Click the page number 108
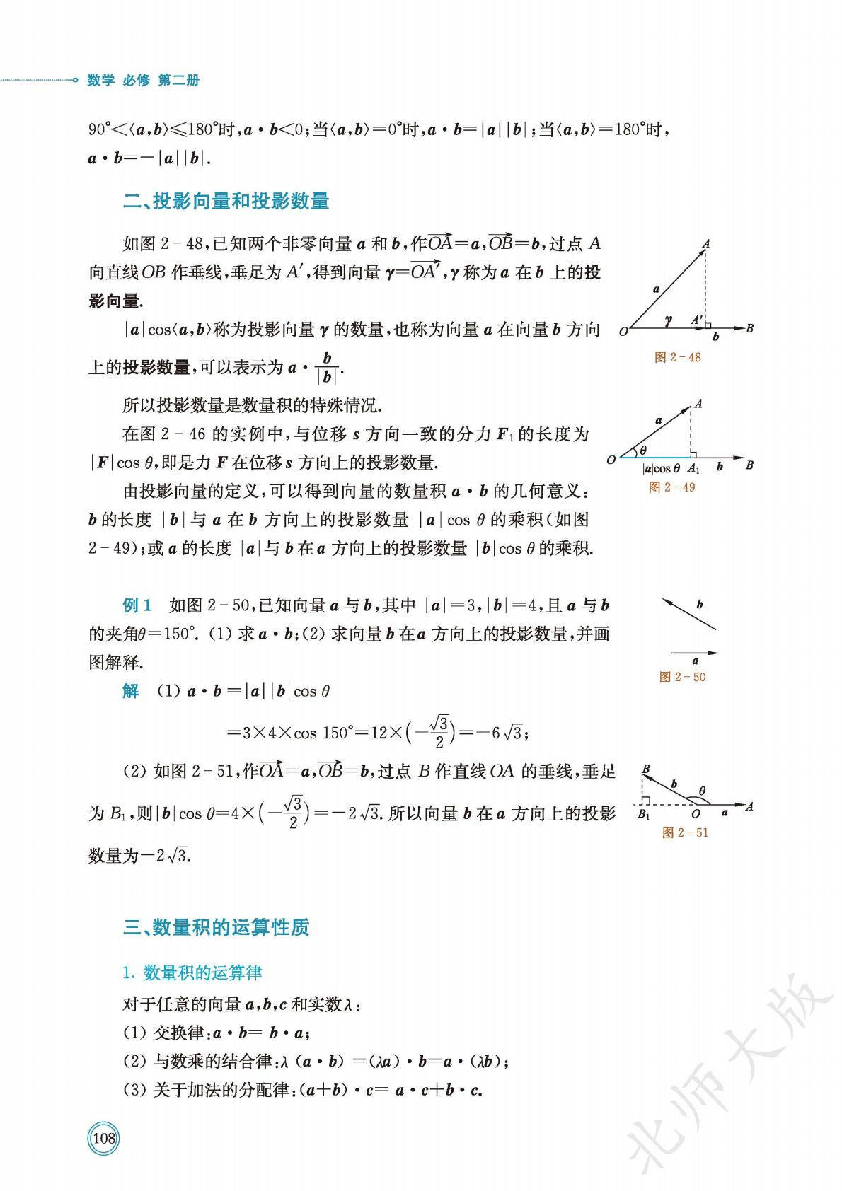click(103, 1138)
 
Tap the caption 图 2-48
click(677, 357)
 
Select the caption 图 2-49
click(671, 487)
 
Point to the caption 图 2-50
click(682, 677)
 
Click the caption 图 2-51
click(685, 832)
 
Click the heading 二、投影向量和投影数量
click(226, 202)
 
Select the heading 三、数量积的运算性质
click(216, 927)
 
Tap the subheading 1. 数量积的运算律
click(192, 973)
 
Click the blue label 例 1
click(137, 605)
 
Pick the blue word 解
click(130, 691)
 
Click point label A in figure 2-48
click(705, 244)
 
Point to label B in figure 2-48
click(749, 327)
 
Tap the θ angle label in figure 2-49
click(642, 450)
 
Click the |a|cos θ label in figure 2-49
click(661, 468)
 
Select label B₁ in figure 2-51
click(643, 815)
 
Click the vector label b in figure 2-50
click(699, 605)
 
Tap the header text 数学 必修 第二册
click(143, 80)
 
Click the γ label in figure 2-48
click(667, 320)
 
